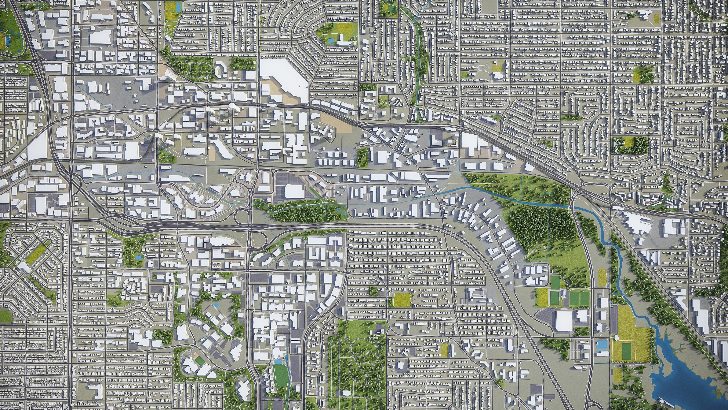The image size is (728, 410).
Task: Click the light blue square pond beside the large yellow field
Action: [601, 345]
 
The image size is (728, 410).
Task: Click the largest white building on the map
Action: [286, 78]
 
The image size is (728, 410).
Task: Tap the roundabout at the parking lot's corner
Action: [273, 171]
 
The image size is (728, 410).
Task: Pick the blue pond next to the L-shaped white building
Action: [331, 41]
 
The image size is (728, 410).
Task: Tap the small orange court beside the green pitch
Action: [196, 355]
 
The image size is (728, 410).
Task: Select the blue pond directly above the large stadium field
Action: [278, 361]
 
